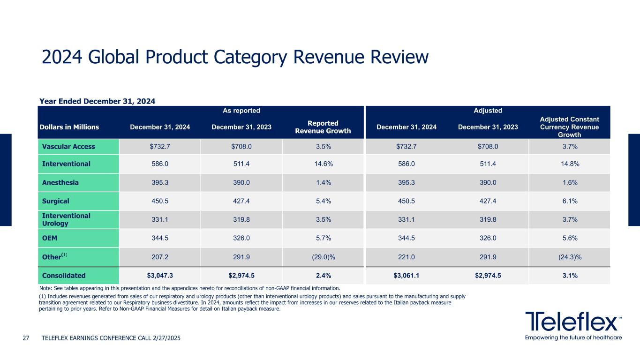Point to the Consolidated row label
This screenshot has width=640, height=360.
tap(64, 275)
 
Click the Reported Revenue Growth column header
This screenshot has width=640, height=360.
tap(323, 127)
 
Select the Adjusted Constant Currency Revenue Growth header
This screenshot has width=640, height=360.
tap(569, 127)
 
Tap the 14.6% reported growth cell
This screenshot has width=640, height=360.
tap(323, 164)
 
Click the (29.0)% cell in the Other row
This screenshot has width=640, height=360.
tap(323, 257)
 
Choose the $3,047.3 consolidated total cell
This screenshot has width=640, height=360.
tap(160, 275)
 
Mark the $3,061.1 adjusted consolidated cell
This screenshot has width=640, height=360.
tap(406, 275)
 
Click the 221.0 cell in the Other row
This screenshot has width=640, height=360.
tap(406, 257)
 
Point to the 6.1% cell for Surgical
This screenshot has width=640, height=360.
tap(569, 201)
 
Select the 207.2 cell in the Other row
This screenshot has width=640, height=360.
tap(160, 257)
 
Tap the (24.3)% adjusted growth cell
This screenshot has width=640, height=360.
tap(569, 257)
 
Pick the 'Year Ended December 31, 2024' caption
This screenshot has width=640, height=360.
tap(97, 101)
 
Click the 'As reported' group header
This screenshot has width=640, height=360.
tap(241, 111)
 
